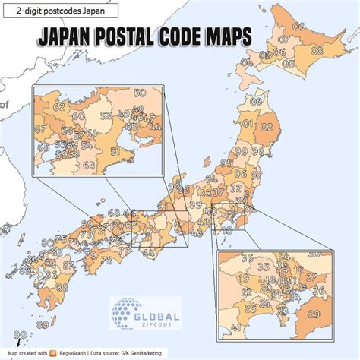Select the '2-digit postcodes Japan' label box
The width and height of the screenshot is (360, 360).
click(x=60, y=11)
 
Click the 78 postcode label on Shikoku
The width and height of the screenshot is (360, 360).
click(x=106, y=261)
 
